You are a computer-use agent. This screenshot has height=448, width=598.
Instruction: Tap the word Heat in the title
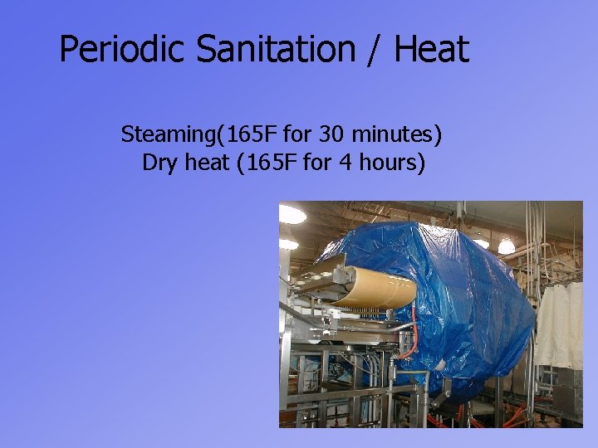pos(431,49)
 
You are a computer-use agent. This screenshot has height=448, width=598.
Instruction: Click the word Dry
pos(160,163)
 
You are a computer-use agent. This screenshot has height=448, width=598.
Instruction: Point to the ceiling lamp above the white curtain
pos(506,246)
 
